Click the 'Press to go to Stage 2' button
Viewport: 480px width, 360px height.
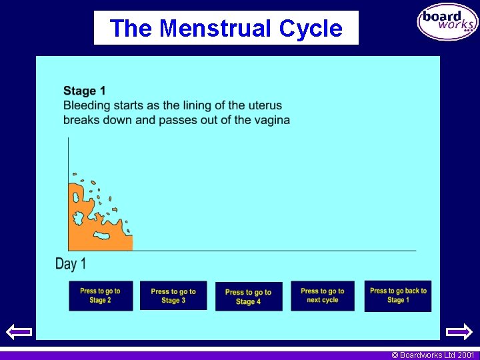(x=101, y=295)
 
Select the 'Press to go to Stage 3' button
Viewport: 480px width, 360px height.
(x=173, y=295)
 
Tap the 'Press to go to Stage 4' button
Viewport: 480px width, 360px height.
(x=248, y=296)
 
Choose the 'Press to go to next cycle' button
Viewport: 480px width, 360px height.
(x=323, y=295)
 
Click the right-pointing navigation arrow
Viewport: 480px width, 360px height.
(x=459, y=331)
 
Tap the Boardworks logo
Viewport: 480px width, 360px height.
(x=447, y=22)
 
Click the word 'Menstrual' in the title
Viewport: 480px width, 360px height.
(x=216, y=29)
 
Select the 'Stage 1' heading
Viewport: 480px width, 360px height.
(x=85, y=91)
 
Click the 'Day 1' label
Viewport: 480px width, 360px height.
(x=71, y=264)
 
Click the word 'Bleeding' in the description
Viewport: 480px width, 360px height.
(x=87, y=105)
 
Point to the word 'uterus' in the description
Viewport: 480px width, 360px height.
(x=265, y=105)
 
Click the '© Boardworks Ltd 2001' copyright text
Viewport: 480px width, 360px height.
(x=433, y=355)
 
